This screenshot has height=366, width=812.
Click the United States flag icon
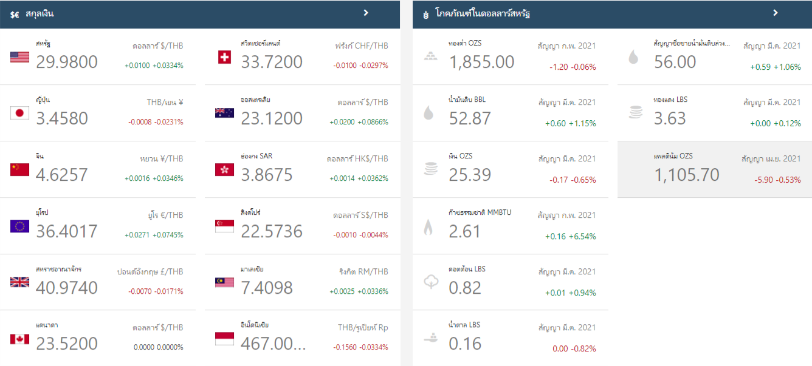19,57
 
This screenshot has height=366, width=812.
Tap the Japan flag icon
19,113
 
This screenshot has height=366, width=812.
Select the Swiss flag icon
224,57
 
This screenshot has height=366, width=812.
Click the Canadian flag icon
19,339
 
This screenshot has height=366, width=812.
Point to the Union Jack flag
19,282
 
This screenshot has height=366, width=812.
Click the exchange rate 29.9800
67,62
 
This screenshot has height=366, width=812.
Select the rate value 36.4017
67,231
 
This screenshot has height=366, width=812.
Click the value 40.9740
67,288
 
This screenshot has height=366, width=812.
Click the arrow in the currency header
366,13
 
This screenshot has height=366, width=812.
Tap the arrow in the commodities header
775,13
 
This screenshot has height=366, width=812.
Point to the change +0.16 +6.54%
570,236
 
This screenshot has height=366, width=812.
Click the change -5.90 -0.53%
777,180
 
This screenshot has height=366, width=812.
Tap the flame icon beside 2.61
428,228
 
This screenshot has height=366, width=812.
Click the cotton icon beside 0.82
431,282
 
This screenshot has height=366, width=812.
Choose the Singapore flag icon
224,226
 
